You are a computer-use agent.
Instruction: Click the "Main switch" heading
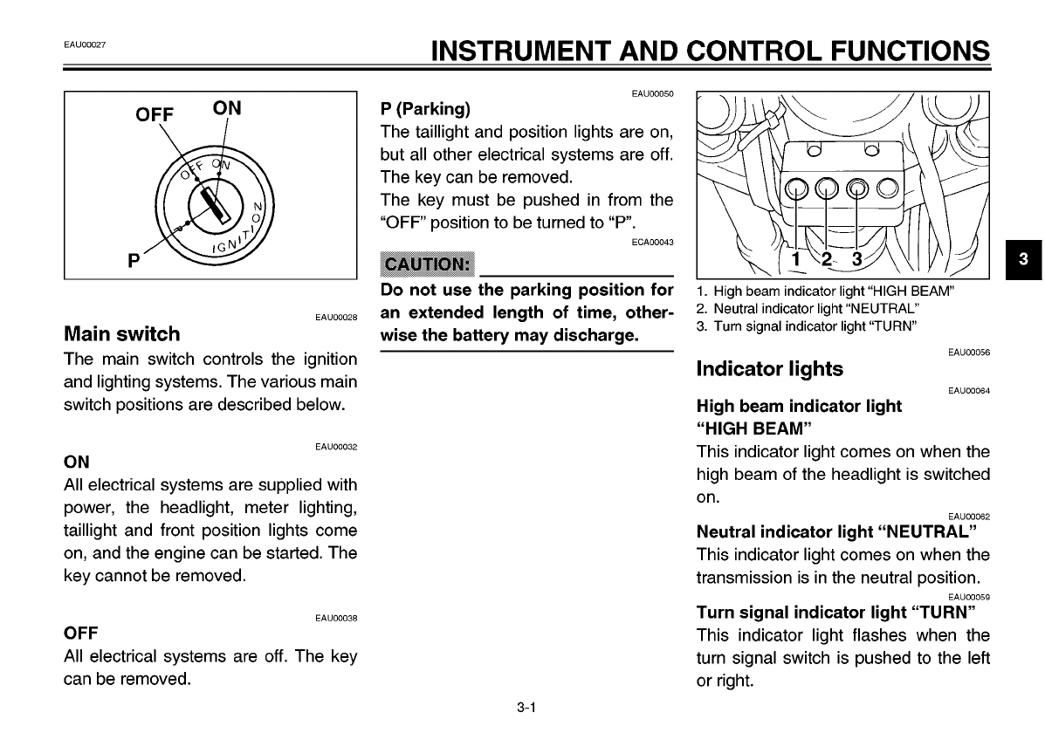click(122, 333)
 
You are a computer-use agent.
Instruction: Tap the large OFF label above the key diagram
click(155, 116)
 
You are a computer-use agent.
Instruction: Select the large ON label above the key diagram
click(227, 108)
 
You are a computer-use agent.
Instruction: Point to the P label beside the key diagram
click(134, 260)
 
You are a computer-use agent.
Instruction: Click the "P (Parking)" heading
click(425, 109)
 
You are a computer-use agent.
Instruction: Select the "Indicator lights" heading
click(769, 369)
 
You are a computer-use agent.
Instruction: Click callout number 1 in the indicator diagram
click(795, 259)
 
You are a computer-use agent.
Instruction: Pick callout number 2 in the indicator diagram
click(826, 259)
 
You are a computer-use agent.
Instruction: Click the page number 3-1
click(525, 709)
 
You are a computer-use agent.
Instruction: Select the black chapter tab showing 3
click(1024, 259)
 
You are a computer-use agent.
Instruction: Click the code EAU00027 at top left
click(85, 45)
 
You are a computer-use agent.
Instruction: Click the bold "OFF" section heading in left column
click(81, 632)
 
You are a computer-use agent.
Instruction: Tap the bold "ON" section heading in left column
click(77, 461)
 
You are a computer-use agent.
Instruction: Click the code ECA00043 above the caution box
click(652, 242)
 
